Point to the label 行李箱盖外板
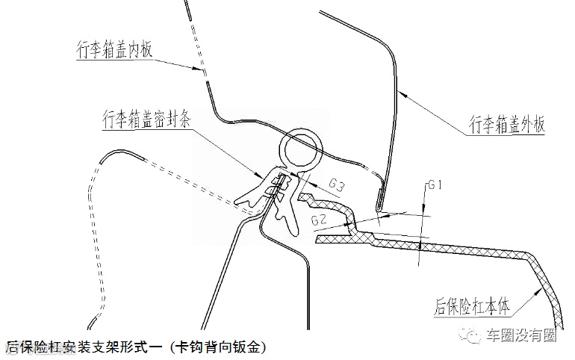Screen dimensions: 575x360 pyautogui.click(x=504, y=123)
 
